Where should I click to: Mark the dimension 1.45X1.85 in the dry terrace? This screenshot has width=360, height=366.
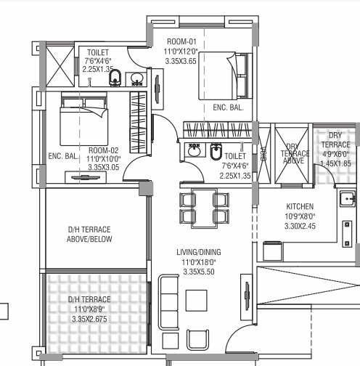pos(336,164)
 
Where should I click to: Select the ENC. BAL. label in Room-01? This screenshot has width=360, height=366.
pos(228,108)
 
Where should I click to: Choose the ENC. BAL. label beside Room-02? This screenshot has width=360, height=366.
pos(63,156)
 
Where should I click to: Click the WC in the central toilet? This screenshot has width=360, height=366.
pos(216,152)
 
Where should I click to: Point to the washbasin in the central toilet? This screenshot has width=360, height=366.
pos(193,151)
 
